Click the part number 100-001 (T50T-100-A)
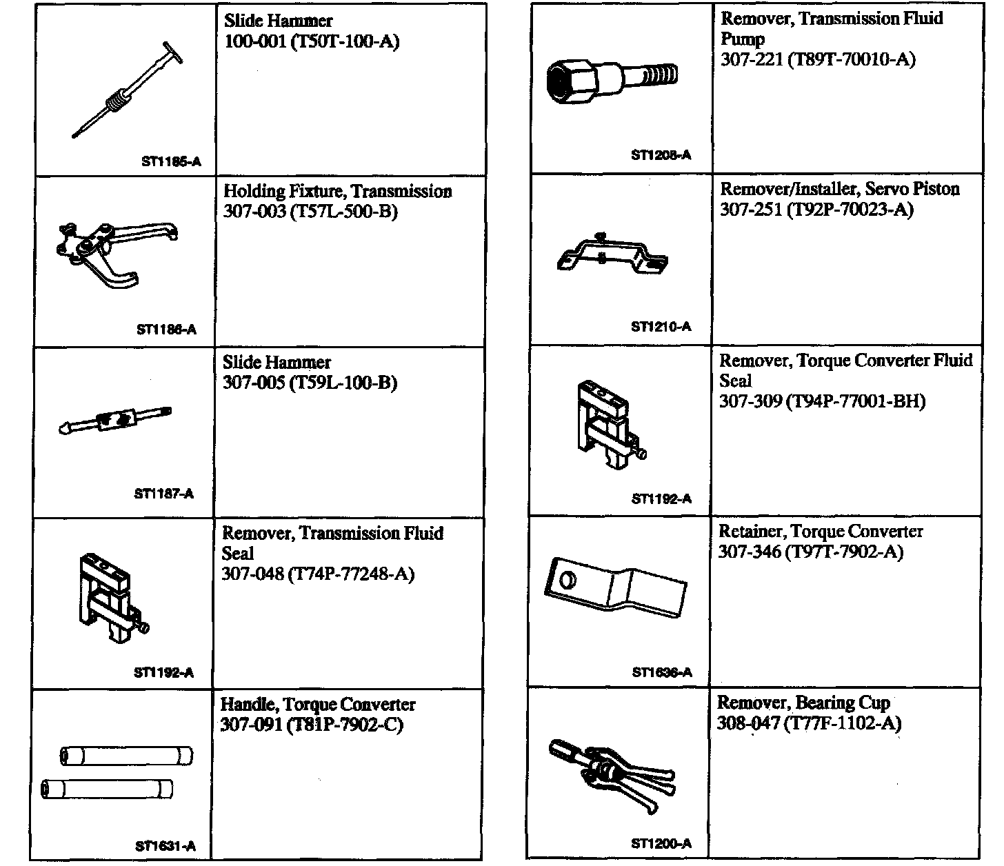312,42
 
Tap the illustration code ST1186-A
166,330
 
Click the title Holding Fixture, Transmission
337,192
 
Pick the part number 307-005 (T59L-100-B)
310,383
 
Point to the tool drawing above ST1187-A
116,420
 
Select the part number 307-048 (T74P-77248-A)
318,574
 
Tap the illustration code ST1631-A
165,846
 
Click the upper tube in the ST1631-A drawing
127,756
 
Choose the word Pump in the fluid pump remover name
743,39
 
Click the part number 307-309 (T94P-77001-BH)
822,401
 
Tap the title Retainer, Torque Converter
821,532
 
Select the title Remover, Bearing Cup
803,703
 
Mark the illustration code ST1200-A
661,843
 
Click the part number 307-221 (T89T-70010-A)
818,59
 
